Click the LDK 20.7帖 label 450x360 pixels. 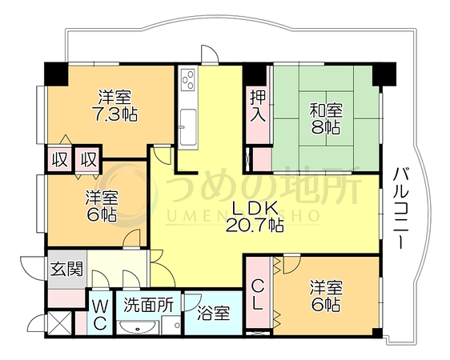tap(255, 217)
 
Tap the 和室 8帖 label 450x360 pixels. tap(326, 119)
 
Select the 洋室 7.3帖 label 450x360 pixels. tap(115, 106)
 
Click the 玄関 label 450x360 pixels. tap(67, 269)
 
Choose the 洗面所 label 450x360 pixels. tap(148, 305)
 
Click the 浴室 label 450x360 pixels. tap(214, 314)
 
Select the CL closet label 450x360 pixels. tap(258, 295)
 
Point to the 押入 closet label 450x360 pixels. tap(258, 105)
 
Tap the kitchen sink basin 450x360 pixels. tap(188, 126)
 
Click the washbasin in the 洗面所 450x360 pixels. tap(139, 326)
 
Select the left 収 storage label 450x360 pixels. tap(60, 159)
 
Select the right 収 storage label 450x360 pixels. tap(88, 159)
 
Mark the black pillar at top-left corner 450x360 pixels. tap(56, 74)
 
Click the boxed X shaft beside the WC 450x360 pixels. tap(59, 323)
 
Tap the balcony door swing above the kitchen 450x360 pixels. tap(210, 54)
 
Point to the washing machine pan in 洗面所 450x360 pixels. tap(171, 325)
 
